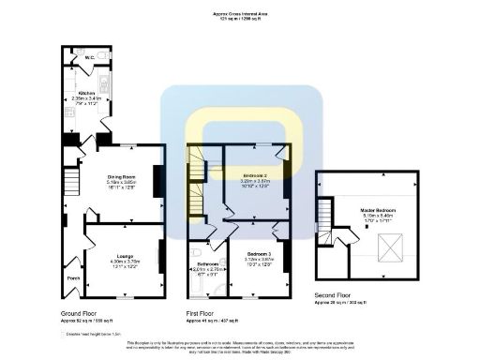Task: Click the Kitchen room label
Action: coord(86,94)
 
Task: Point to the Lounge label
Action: coord(124,254)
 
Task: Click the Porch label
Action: coord(72,277)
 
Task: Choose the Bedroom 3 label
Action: coord(258,254)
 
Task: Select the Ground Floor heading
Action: coord(81,313)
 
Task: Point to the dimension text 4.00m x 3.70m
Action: coord(124,261)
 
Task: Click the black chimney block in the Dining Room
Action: coord(157,179)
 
